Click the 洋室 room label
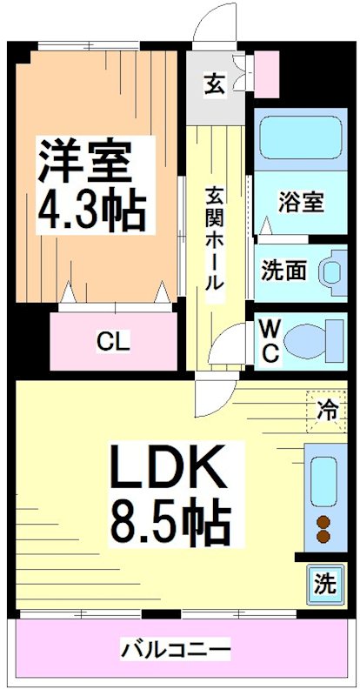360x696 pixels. point(85,158)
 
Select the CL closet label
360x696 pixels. point(113,341)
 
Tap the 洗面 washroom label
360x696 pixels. point(283,271)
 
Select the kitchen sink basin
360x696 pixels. point(323,479)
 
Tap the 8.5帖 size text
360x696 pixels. point(170,522)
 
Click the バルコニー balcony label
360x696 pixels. point(177,649)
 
